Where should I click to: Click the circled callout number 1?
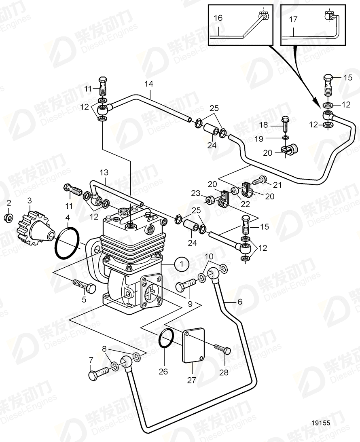[x=182, y=264]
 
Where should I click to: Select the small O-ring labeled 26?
[x=166, y=339]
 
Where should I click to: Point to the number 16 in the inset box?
[x=218, y=18]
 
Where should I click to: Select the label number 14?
[x=149, y=84]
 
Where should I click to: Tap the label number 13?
[x=104, y=173]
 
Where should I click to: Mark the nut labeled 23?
[x=210, y=199]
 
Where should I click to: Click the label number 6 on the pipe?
[x=240, y=302]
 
